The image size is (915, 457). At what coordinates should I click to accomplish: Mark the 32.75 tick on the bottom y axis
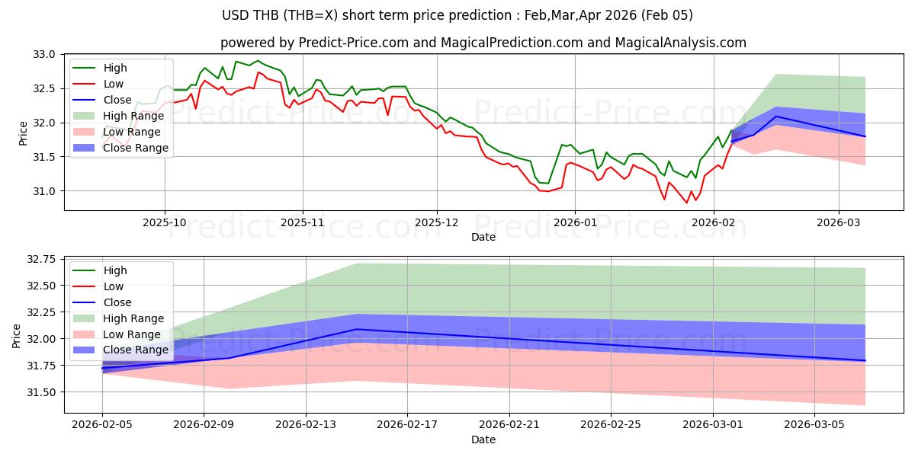(x=43, y=260)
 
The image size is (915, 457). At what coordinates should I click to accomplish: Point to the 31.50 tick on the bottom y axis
(x=43, y=392)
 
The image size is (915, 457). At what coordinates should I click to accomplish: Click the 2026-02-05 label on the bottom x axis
(x=102, y=424)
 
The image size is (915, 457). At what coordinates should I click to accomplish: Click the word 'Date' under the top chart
(x=483, y=237)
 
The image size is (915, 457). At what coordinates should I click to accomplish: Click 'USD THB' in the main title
(x=249, y=15)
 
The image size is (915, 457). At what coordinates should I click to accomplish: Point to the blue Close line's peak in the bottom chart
(x=356, y=329)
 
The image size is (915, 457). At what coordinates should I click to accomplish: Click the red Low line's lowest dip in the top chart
(x=686, y=203)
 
